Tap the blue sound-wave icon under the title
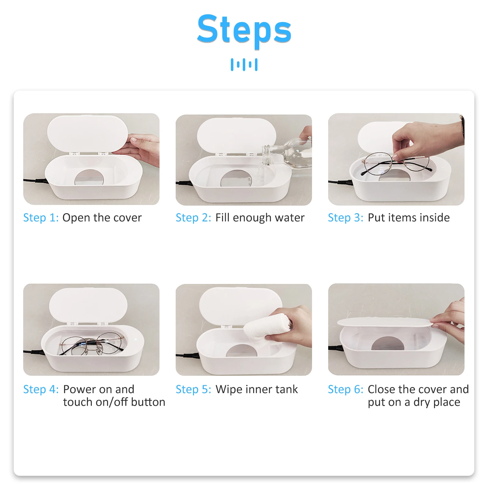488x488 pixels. pyautogui.click(x=244, y=65)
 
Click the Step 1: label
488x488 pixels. pyautogui.click(x=41, y=218)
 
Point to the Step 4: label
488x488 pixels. pyautogui.click(x=41, y=389)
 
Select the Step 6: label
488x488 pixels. pyautogui.click(x=346, y=389)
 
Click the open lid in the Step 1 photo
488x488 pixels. pyautogui.click(x=88, y=133)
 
